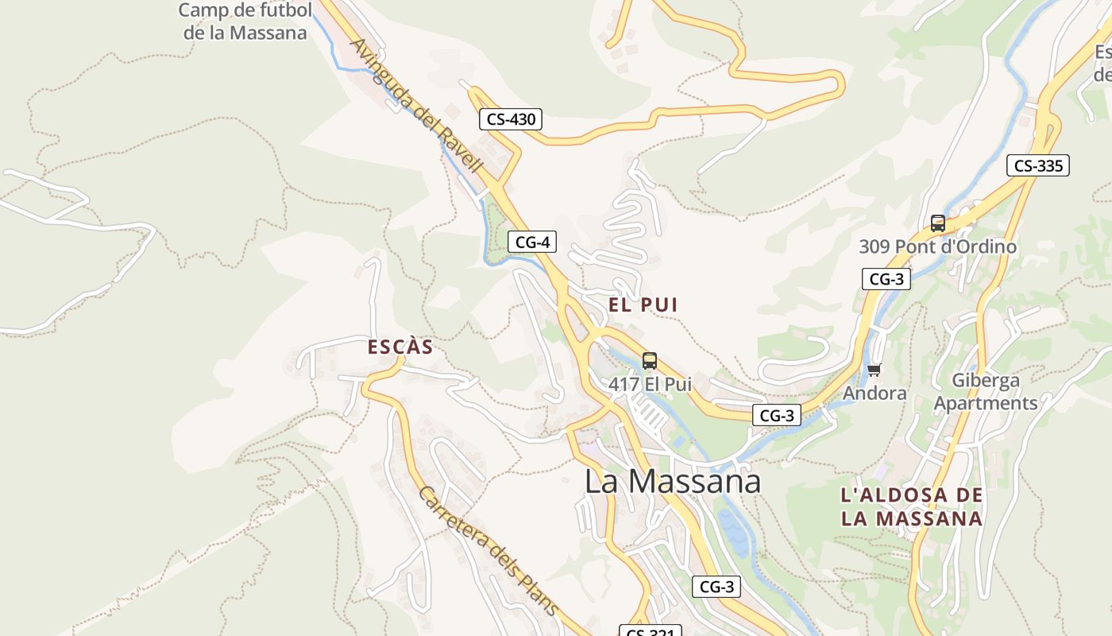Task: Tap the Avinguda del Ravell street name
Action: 416,106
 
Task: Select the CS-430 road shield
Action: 512,120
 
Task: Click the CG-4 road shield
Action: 531,242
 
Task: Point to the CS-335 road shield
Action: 1038,165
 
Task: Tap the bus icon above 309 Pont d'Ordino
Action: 937,223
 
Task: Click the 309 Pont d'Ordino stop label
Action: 937,246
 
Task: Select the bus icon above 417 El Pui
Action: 650,360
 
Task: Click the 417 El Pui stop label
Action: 650,384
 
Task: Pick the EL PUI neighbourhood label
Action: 643,304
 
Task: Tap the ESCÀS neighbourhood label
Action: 400,347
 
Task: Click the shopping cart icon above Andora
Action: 875,370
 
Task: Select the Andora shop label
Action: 875,394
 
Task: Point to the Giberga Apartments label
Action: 986,392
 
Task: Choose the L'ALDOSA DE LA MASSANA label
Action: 912,507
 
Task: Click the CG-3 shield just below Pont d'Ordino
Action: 886,279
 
